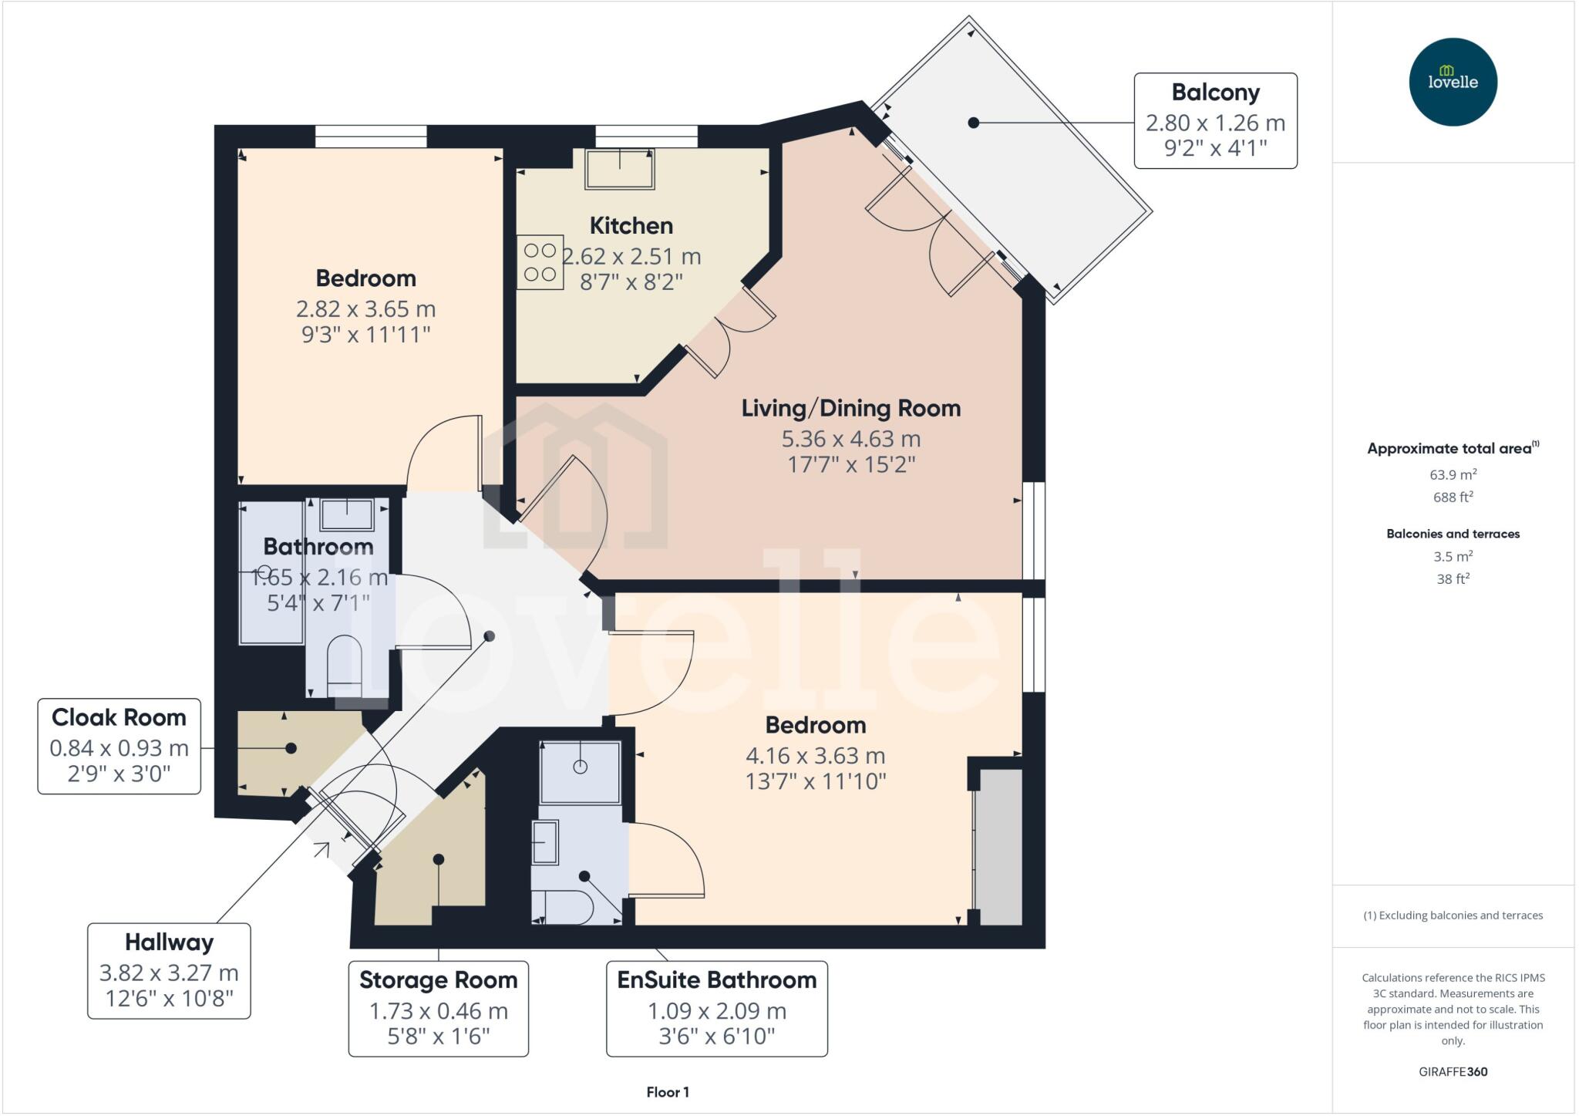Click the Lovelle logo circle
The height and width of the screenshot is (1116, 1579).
(1453, 82)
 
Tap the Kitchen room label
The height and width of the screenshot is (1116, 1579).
(631, 226)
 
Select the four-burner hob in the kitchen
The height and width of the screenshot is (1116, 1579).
(540, 262)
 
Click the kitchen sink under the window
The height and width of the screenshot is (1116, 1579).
(620, 169)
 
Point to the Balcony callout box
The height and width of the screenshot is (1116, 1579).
(1215, 120)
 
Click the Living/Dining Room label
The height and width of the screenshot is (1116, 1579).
(850, 408)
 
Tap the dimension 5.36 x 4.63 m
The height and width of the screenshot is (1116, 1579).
(850, 439)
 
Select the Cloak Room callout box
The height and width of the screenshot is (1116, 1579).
(120, 746)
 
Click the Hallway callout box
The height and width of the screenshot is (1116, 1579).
(169, 971)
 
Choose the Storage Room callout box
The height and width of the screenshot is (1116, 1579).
(438, 1008)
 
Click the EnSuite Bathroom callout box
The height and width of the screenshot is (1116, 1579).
(716, 1008)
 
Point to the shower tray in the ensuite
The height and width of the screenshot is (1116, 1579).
(580, 772)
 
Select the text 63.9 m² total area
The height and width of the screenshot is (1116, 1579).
(1453, 475)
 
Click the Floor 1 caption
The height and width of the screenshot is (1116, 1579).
(668, 1092)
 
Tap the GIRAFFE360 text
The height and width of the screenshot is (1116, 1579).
(1453, 1071)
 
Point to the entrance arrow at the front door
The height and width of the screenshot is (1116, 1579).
(322, 850)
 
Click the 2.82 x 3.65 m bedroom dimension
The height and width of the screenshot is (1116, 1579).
(365, 309)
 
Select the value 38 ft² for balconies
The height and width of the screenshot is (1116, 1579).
(1453, 578)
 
